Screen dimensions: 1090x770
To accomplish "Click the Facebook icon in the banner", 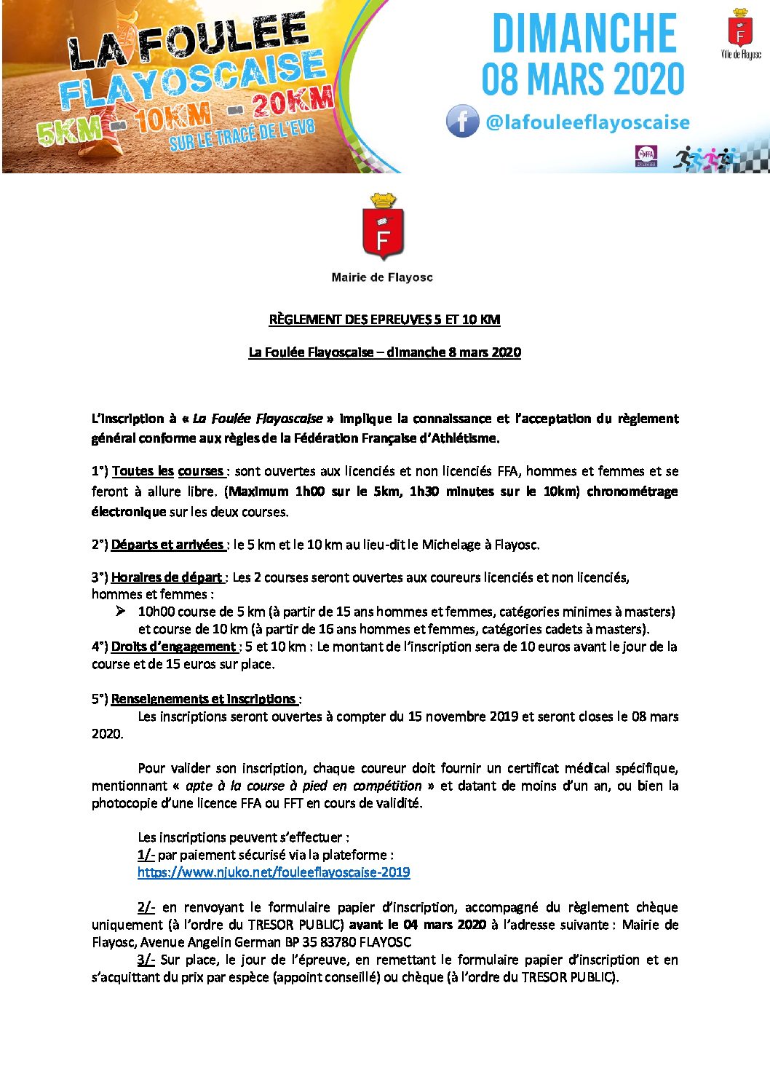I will coord(463,122).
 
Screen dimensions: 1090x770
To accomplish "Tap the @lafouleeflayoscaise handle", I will coord(587,122).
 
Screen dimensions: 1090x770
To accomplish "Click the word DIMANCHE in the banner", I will coord(584,33).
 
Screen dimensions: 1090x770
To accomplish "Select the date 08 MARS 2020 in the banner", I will coord(583,79).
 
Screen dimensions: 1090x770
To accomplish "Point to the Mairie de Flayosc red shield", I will coord(383,231).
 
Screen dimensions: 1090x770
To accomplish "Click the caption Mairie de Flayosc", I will coord(382,277).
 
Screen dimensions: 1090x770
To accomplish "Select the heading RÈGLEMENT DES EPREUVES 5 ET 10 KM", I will coord(384,320).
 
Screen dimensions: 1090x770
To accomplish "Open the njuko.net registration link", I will coord(274,872).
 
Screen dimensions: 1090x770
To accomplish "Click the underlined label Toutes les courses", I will coord(168,471).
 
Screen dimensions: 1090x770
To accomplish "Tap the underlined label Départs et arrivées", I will coord(167,545).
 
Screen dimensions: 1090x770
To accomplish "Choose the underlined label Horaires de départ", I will coord(167,577).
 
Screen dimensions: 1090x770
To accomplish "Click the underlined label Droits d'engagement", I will coord(173,647).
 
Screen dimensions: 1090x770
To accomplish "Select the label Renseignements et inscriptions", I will coord(203,699).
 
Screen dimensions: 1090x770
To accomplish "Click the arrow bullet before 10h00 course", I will coord(121,612).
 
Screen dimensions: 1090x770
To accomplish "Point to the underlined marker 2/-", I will coord(146,907).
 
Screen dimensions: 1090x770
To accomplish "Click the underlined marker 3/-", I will coord(146,960).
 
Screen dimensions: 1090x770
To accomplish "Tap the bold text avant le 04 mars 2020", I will coord(417,925).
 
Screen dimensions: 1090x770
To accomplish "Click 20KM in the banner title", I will coord(293,103).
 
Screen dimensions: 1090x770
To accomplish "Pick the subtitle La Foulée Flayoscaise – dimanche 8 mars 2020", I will coord(384,352).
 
